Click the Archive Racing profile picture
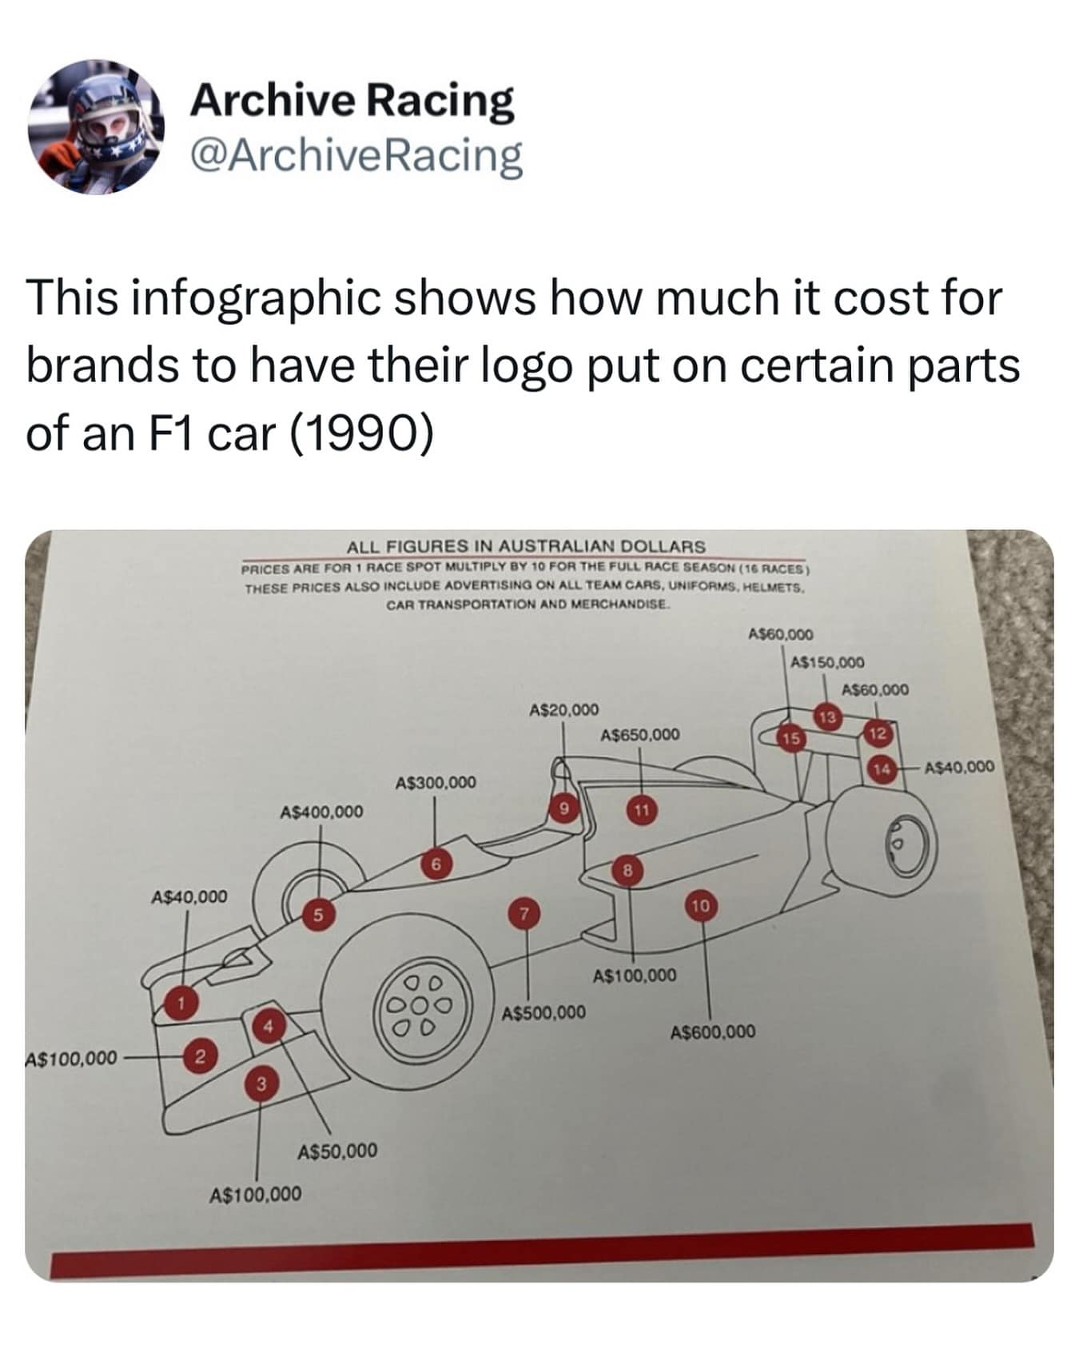coord(97,126)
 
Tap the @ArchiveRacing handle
coord(356,156)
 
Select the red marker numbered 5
coord(317,916)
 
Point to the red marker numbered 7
coord(524,913)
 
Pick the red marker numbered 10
coord(701,905)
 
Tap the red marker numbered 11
coord(641,810)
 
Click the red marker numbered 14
coord(882,768)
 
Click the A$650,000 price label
coord(639,734)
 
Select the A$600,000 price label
coord(712,1032)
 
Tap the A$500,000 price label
coord(543,1012)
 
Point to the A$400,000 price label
coord(321,812)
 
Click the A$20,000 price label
coord(563,709)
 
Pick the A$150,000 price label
coord(826,662)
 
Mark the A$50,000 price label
coord(337,1151)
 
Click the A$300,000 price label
coord(436,781)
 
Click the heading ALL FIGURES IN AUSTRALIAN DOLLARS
coord(526,546)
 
